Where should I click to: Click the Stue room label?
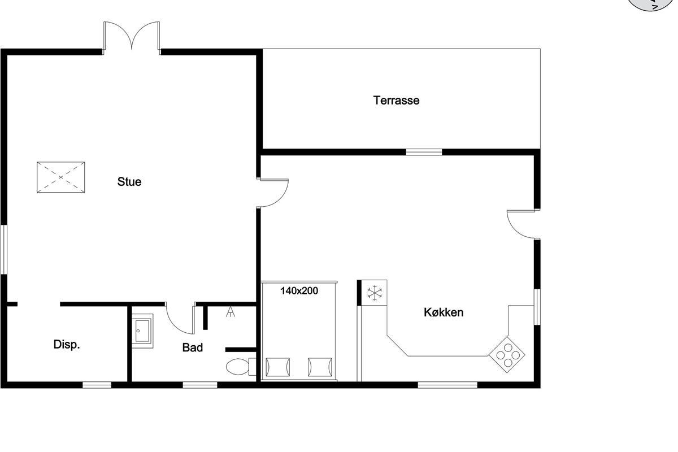129,182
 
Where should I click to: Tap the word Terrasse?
396,101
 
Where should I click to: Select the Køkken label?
444,312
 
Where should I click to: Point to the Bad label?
193,347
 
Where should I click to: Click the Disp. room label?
67,344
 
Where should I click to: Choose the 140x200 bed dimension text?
299,291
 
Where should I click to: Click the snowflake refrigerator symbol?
375,293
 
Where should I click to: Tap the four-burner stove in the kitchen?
507,354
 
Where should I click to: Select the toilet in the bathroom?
241,367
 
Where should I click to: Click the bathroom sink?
142,331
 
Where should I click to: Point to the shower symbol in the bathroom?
231,312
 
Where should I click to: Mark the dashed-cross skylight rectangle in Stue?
61,177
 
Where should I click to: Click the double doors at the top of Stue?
132,38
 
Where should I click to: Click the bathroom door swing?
180,318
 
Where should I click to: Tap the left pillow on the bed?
277,367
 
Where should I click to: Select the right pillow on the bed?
320,367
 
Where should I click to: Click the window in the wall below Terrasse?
424,152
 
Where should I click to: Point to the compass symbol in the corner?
655,3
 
